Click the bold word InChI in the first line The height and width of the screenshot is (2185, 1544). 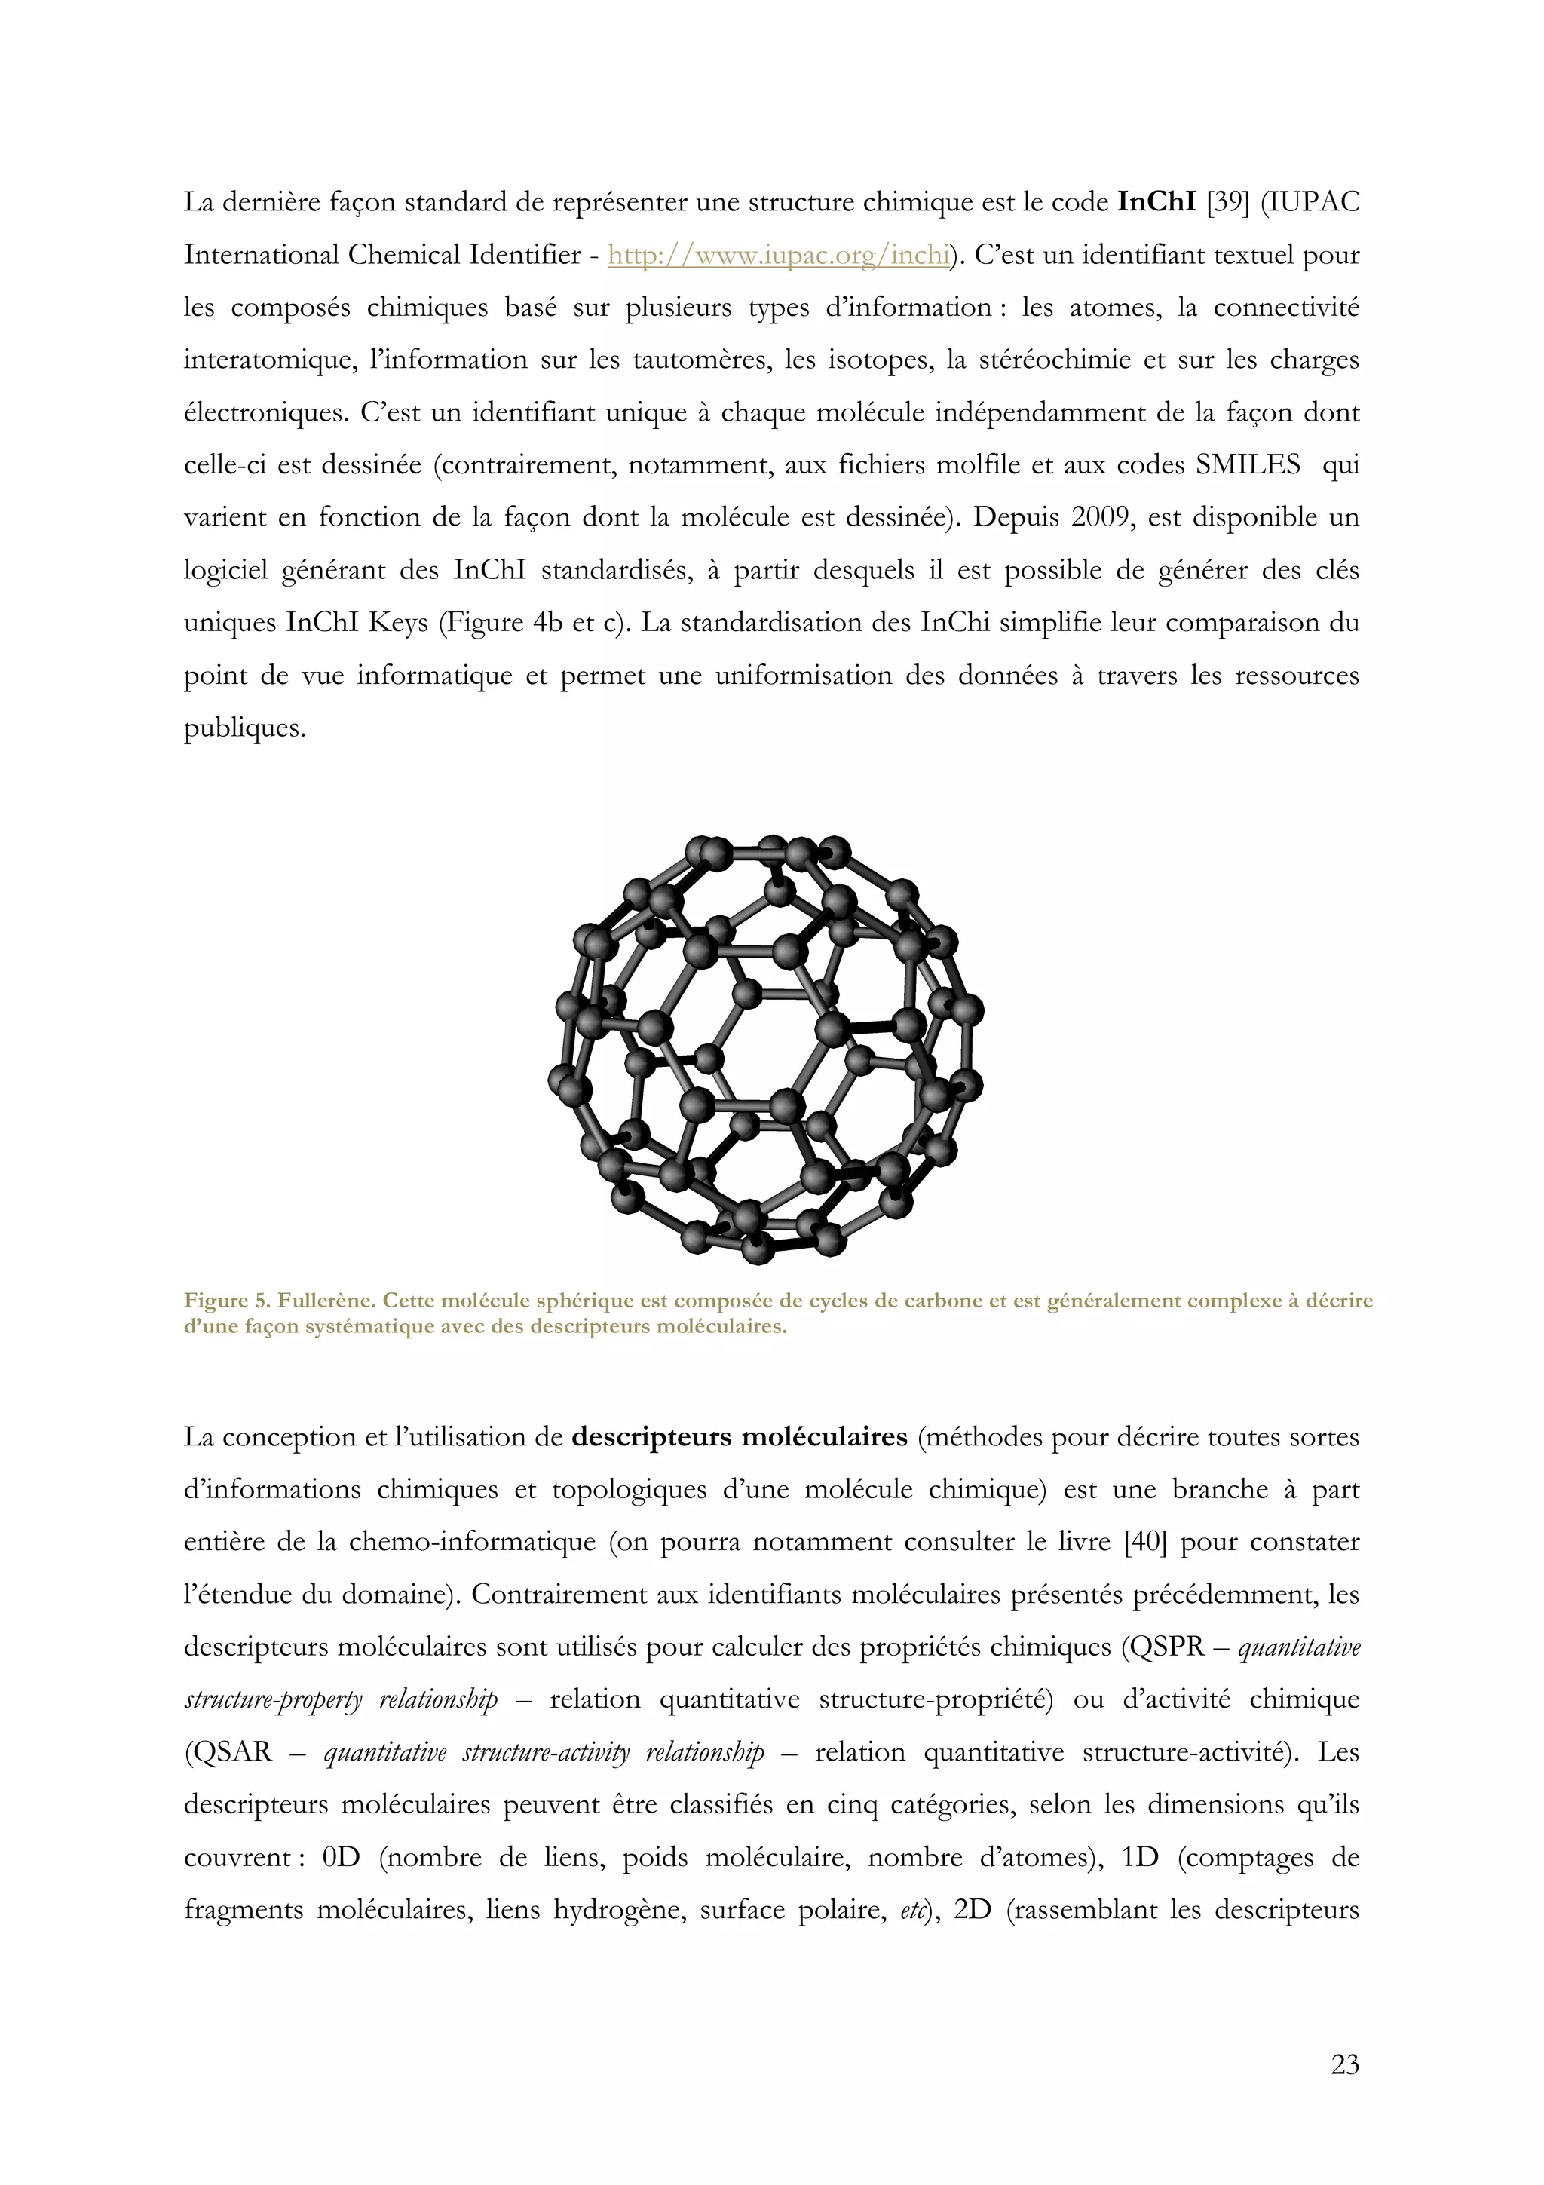point(1155,203)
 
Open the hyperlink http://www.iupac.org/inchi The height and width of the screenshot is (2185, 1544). point(778,255)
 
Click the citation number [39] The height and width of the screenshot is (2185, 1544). point(1227,203)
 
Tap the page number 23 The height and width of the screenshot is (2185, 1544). point(1344,2064)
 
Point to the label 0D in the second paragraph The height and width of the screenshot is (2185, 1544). point(342,1858)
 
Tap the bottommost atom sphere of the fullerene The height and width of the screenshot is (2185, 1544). point(757,1249)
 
